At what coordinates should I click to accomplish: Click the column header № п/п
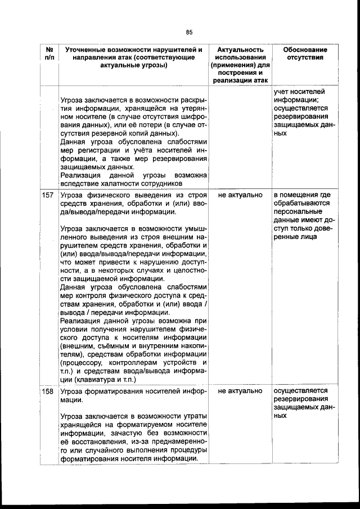(x=48, y=53)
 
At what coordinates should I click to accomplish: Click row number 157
(x=48, y=195)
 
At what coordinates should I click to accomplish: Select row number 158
(x=48, y=390)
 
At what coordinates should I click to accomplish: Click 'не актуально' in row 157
(x=240, y=195)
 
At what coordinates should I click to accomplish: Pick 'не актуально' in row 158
(x=240, y=390)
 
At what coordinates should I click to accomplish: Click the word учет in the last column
(x=282, y=92)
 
